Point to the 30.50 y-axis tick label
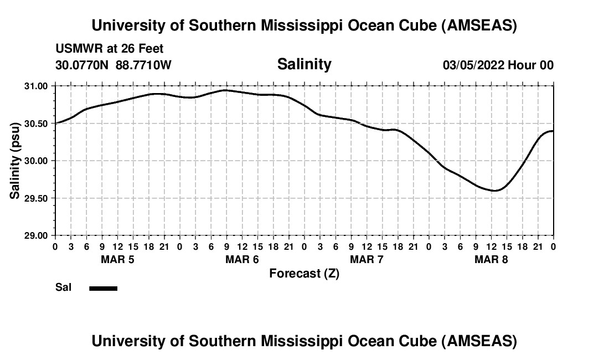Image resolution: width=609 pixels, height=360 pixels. pyautogui.click(x=37, y=123)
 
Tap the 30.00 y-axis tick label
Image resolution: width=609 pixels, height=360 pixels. pyautogui.click(x=37, y=161)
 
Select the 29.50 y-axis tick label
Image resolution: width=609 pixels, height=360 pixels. pyautogui.click(x=37, y=198)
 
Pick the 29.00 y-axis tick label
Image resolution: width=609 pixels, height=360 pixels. pyautogui.click(x=37, y=235)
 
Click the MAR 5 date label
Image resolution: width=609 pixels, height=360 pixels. pyautogui.click(x=117, y=259)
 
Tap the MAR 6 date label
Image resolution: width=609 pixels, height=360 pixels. pyautogui.click(x=242, y=259)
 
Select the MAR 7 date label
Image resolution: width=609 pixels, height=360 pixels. pyautogui.click(x=367, y=259)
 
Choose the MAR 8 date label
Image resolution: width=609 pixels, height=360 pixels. pyautogui.click(x=491, y=259)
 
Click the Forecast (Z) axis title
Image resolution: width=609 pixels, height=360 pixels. pyautogui.click(x=304, y=274)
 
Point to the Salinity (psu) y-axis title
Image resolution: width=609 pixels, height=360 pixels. pyautogui.click(x=16, y=161)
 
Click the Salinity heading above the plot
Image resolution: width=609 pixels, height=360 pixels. pyautogui.click(x=304, y=64)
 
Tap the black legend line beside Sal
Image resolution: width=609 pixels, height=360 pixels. pyautogui.click(x=103, y=288)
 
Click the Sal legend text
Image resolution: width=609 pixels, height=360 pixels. pyautogui.click(x=63, y=288)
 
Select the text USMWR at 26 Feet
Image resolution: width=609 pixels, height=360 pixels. pyautogui.click(x=110, y=49)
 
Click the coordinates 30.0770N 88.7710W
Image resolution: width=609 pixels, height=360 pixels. pyautogui.click(x=113, y=65)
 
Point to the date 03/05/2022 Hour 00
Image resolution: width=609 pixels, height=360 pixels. pyautogui.click(x=498, y=65)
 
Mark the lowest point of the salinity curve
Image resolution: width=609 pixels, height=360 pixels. pyautogui.click(x=496, y=191)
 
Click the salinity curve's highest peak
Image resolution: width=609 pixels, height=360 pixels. pyautogui.click(x=225, y=90)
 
